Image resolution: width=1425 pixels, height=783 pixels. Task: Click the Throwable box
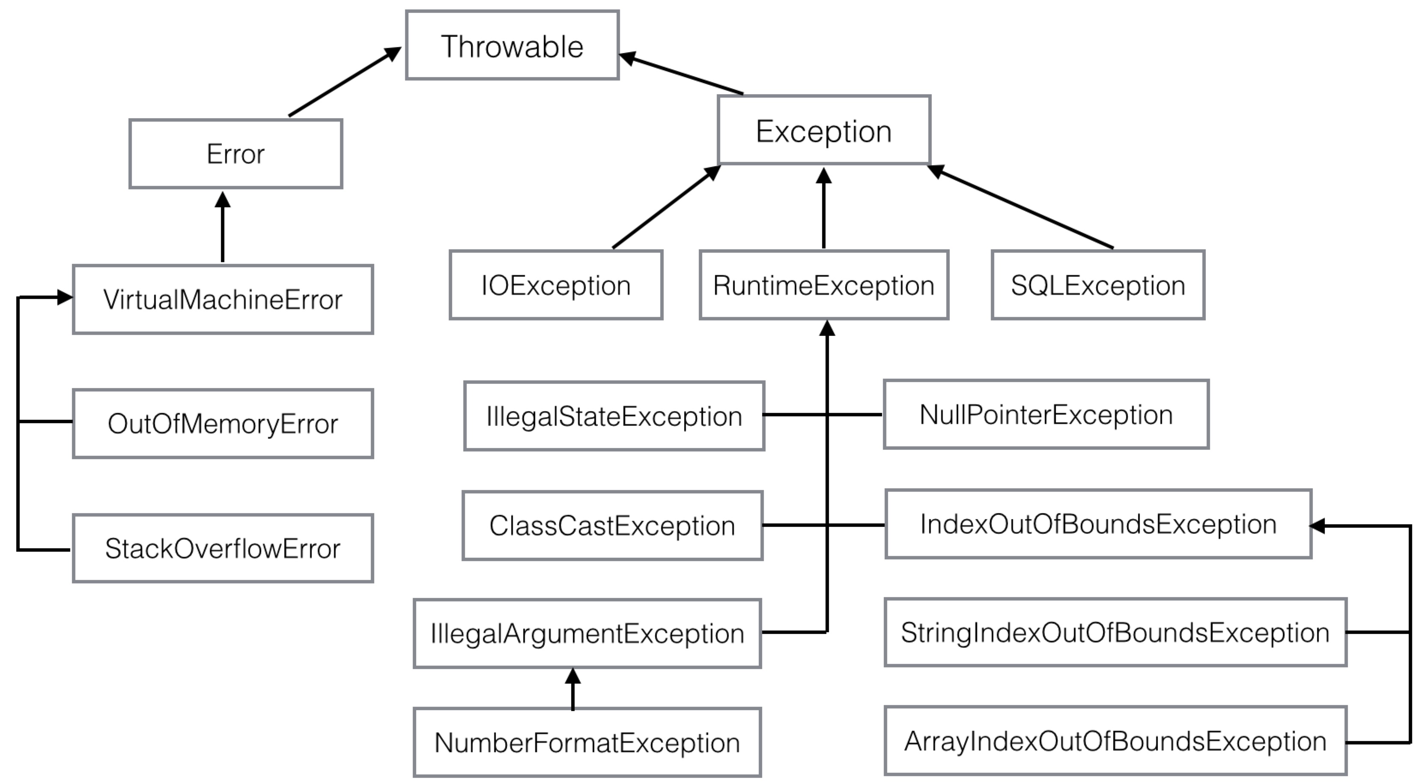pos(512,45)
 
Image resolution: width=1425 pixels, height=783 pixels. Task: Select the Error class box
pos(236,154)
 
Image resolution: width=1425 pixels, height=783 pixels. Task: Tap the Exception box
pos(824,130)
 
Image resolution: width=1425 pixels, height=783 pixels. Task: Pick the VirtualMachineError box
pos(223,299)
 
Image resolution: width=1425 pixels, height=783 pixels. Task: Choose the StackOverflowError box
pos(223,548)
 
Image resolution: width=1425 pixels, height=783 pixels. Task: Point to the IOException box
pos(556,285)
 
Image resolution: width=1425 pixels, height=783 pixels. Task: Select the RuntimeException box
pos(824,285)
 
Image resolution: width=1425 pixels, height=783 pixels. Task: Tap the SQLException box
pos(1098,285)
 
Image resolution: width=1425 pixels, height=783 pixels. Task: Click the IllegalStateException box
pos(614,416)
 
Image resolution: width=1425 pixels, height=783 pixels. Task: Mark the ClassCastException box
pos(612,526)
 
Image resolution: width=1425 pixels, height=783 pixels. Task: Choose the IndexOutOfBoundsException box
pos(1098,524)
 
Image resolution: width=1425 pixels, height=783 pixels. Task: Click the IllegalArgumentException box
pos(587,634)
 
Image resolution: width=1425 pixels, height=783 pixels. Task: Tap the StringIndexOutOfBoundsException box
pos(1115,632)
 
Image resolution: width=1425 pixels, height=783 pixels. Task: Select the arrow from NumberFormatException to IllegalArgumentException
pos(573,689)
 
